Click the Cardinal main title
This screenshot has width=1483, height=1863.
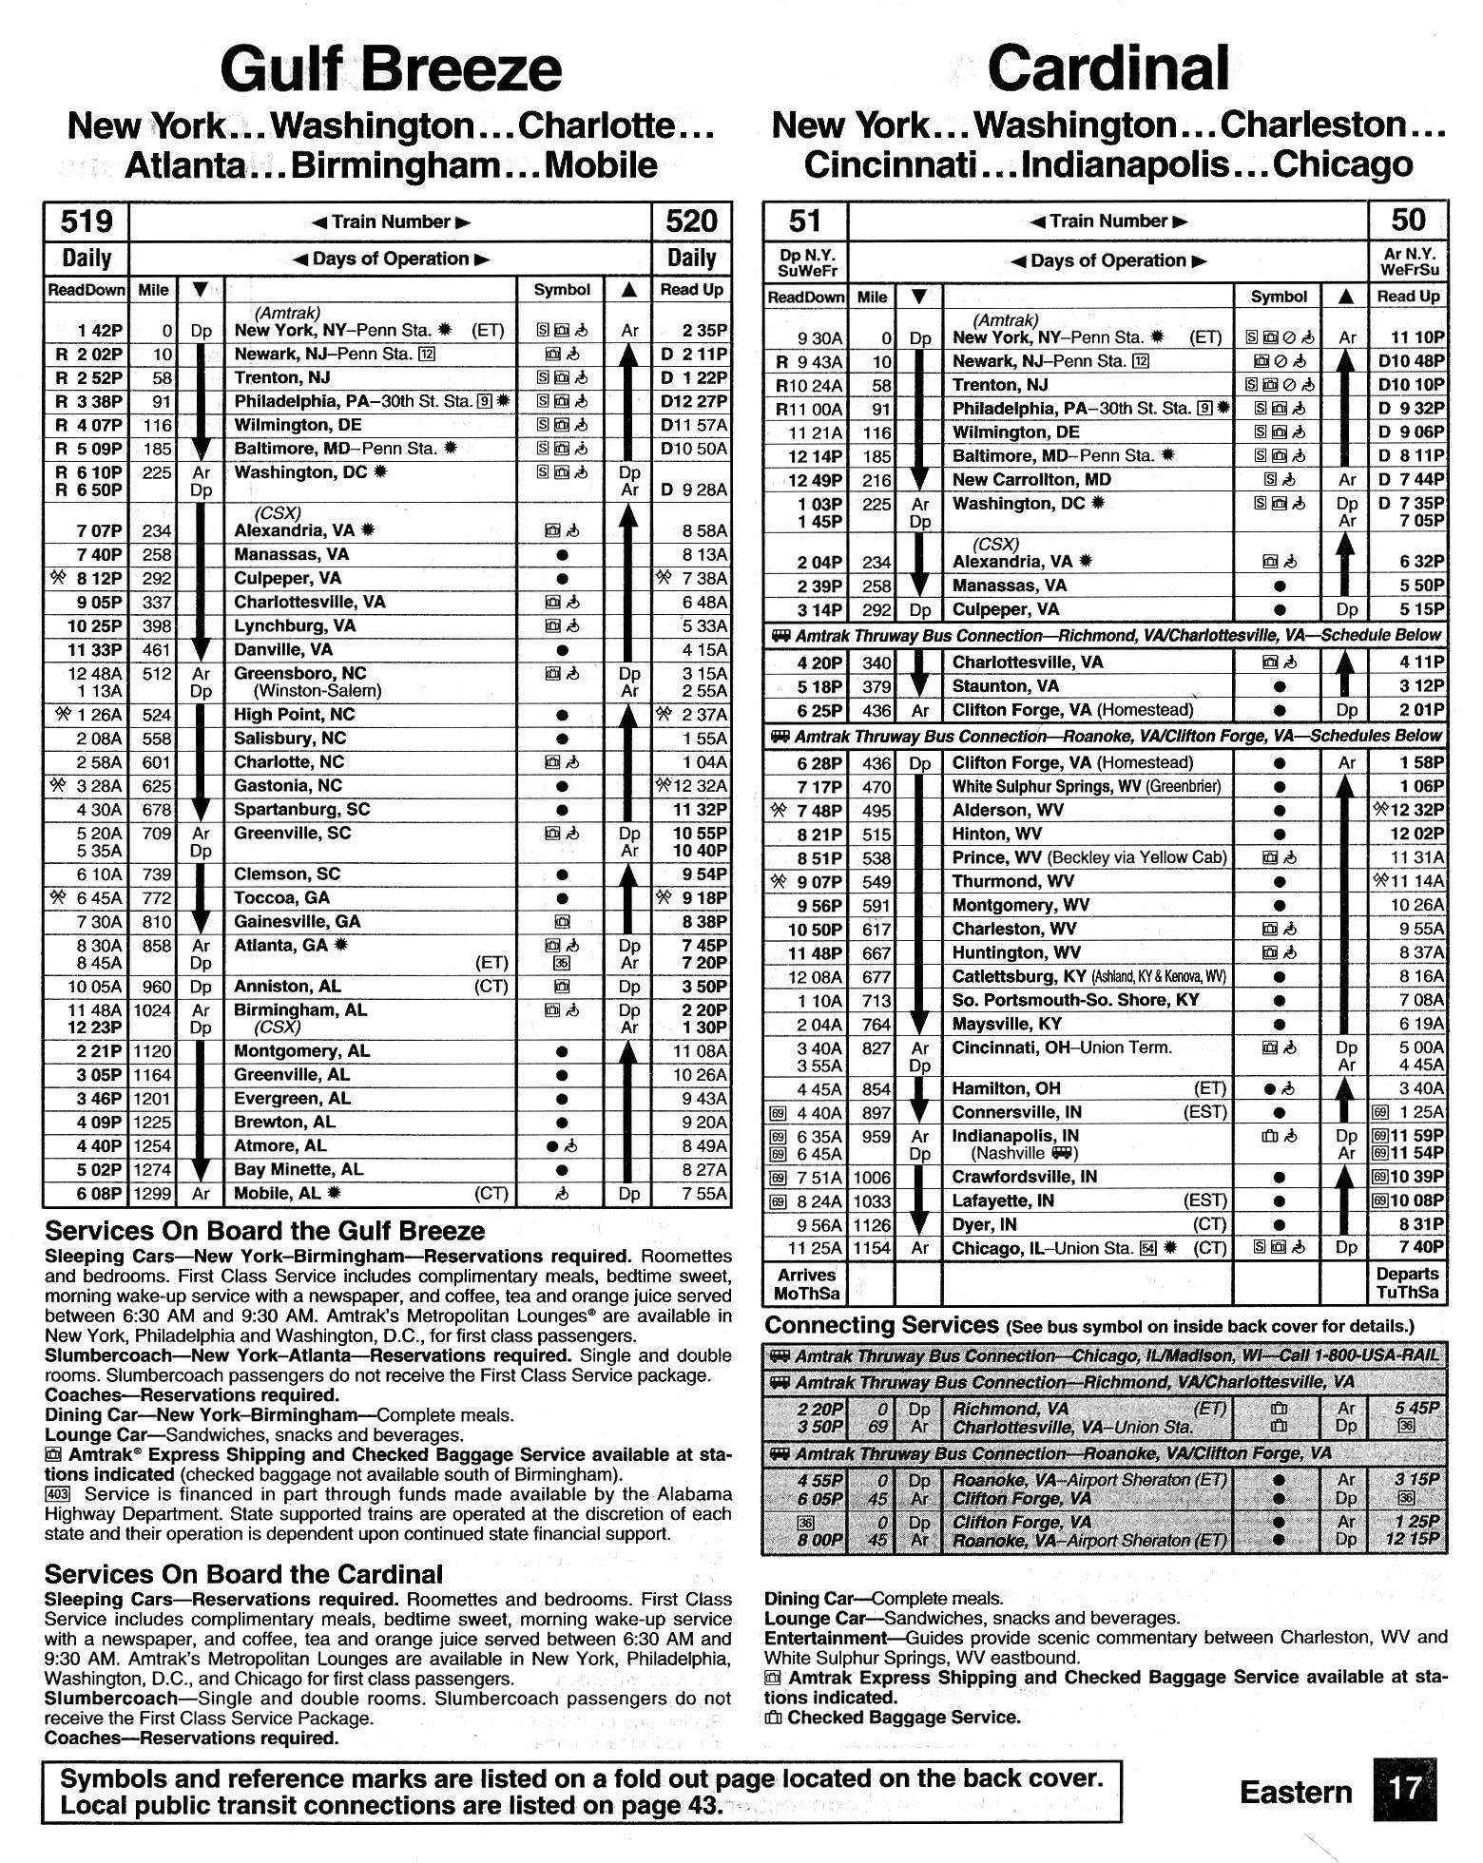coord(1107,69)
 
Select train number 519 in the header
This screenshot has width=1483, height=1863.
coord(86,221)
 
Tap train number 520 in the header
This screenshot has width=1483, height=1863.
coord(691,221)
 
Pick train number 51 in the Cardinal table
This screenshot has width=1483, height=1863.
coord(804,221)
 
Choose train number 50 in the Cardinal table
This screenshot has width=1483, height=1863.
coord(1407,221)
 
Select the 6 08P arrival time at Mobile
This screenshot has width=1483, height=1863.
coord(95,1194)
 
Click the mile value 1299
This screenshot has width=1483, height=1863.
coord(153,1194)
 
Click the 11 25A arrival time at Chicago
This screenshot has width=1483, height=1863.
coord(814,1248)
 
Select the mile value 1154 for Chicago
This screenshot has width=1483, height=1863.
coord(872,1248)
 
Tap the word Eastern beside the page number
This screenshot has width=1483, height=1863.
coord(1296,1792)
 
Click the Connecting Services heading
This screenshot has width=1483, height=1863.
coord(881,1325)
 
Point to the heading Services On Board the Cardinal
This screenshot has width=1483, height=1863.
coord(243,1575)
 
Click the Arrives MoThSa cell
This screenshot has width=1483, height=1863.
coord(806,1284)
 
